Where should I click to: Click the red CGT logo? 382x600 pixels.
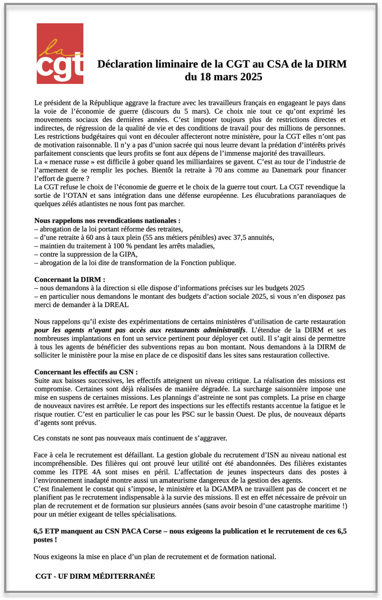point(60,53)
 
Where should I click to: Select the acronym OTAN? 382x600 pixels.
point(78,195)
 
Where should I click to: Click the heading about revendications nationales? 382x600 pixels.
point(107,220)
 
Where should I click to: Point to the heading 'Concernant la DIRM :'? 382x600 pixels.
point(69,279)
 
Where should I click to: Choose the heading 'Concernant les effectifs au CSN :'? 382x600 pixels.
point(86,372)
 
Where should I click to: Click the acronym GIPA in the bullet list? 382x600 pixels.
point(128,254)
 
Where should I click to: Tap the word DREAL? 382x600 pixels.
point(116,304)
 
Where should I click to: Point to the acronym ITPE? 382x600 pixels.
point(80,472)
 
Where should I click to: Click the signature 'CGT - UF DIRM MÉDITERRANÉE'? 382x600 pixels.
point(95,576)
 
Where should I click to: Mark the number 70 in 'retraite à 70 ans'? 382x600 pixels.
point(219,170)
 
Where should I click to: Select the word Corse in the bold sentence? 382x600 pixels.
point(153,531)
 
